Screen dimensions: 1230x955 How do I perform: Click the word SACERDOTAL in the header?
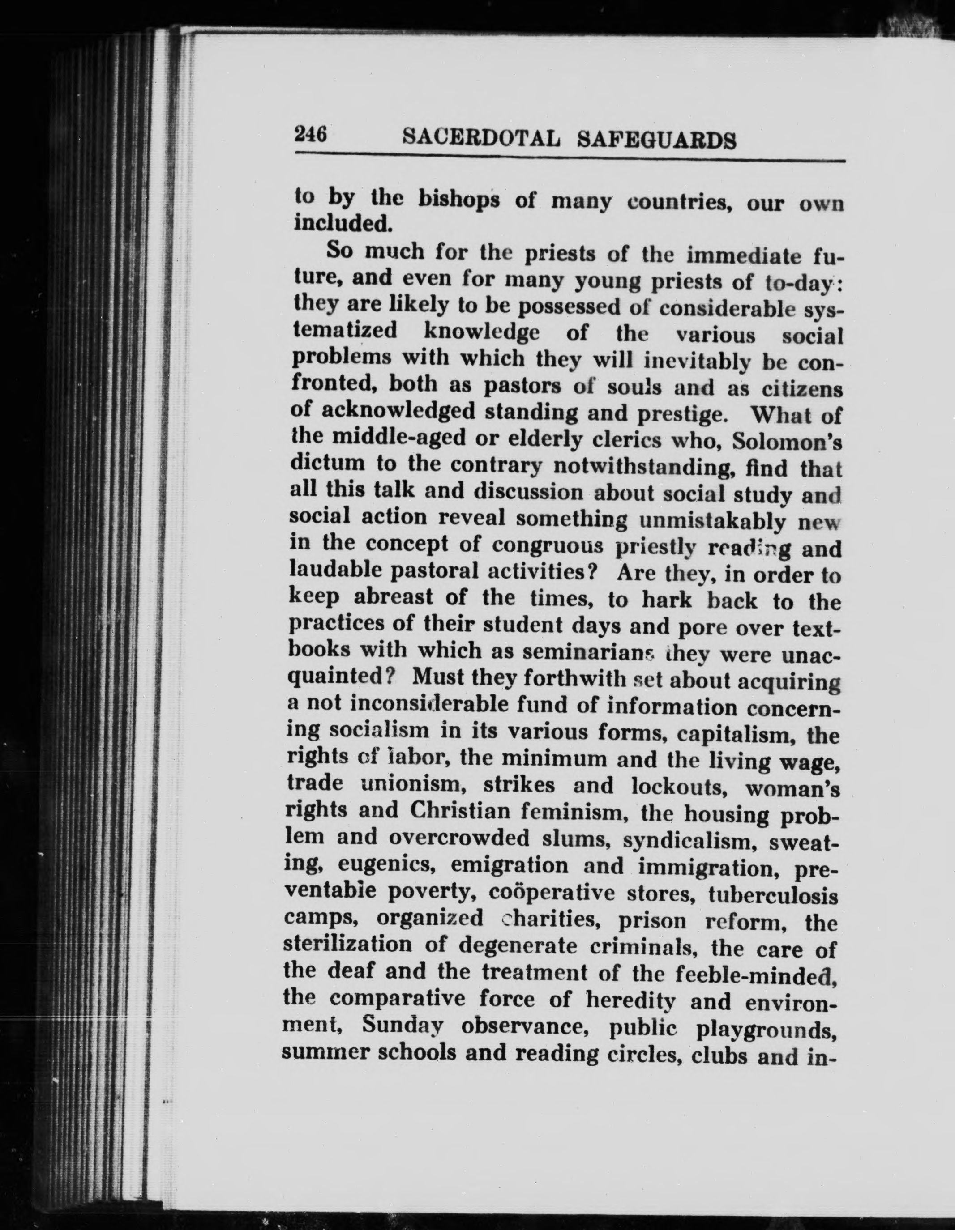482,138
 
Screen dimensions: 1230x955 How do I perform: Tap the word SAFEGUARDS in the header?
657,140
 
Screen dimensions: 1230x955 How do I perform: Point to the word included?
343,224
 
